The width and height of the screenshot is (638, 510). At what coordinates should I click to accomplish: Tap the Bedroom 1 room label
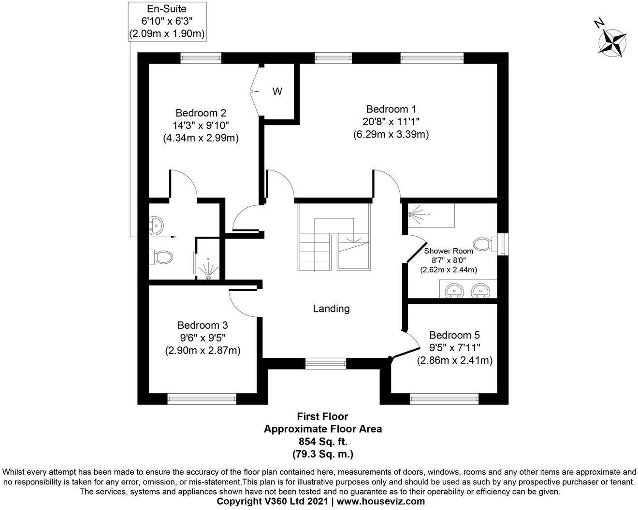point(391,109)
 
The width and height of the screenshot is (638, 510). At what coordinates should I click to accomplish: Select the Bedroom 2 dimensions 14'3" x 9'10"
point(201,125)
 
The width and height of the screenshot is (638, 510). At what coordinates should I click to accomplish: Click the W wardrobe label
point(277,91)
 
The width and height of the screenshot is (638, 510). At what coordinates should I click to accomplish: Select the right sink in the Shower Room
point(480,290)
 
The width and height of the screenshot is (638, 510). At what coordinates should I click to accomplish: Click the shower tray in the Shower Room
point(431,215)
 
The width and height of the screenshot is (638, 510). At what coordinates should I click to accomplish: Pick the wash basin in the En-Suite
point(157,225)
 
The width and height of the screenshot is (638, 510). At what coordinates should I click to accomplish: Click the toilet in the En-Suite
point(161,257)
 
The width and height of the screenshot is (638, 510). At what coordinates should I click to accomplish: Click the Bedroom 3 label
point(203,325)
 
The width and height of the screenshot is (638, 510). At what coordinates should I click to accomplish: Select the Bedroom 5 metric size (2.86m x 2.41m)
point(454,360)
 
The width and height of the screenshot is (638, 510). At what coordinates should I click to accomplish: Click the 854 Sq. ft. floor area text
point(322,441)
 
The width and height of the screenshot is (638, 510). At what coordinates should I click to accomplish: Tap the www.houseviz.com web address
point(380,501)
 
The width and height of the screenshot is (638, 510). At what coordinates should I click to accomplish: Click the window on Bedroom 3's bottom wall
point(202,398)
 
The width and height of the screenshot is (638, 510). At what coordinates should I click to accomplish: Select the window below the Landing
point(325,363)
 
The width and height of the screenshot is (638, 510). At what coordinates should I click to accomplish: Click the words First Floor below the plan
point(322,416)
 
